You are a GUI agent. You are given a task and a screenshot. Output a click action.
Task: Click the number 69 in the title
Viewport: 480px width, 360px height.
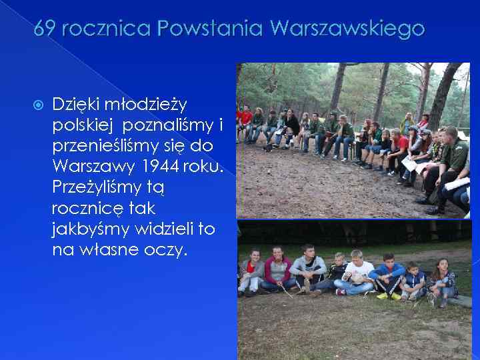43,29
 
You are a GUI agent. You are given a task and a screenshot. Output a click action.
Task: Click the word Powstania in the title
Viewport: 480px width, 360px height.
193,29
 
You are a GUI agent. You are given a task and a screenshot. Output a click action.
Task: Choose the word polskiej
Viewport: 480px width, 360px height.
82,125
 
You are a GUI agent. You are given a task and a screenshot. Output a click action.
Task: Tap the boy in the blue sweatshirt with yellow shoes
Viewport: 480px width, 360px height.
388,275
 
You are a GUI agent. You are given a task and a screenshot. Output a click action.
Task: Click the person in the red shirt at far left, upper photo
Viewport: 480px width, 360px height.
246,121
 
